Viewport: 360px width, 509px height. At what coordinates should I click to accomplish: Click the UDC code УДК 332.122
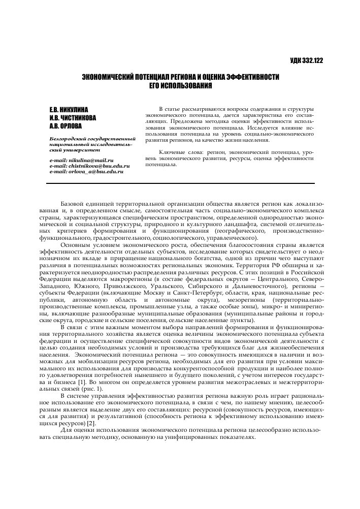[306, 61]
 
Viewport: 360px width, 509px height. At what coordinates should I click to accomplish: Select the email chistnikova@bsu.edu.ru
[99, 166]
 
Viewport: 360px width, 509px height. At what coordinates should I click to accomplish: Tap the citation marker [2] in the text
[91, 423]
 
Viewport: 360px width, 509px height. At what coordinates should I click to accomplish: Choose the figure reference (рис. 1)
[97, 389]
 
